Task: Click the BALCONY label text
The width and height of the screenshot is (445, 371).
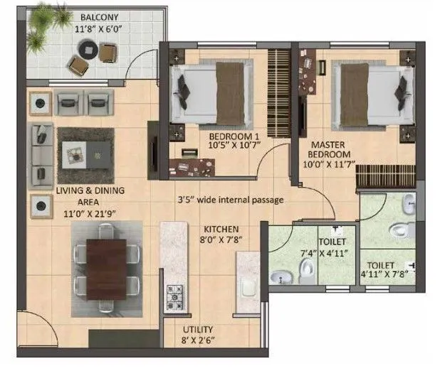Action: point(100,16)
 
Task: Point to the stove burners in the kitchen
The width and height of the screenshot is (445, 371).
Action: point(174,296)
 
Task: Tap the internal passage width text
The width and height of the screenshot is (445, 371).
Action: point(231,200)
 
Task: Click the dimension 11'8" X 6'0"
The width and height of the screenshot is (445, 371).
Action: point(100,29)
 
